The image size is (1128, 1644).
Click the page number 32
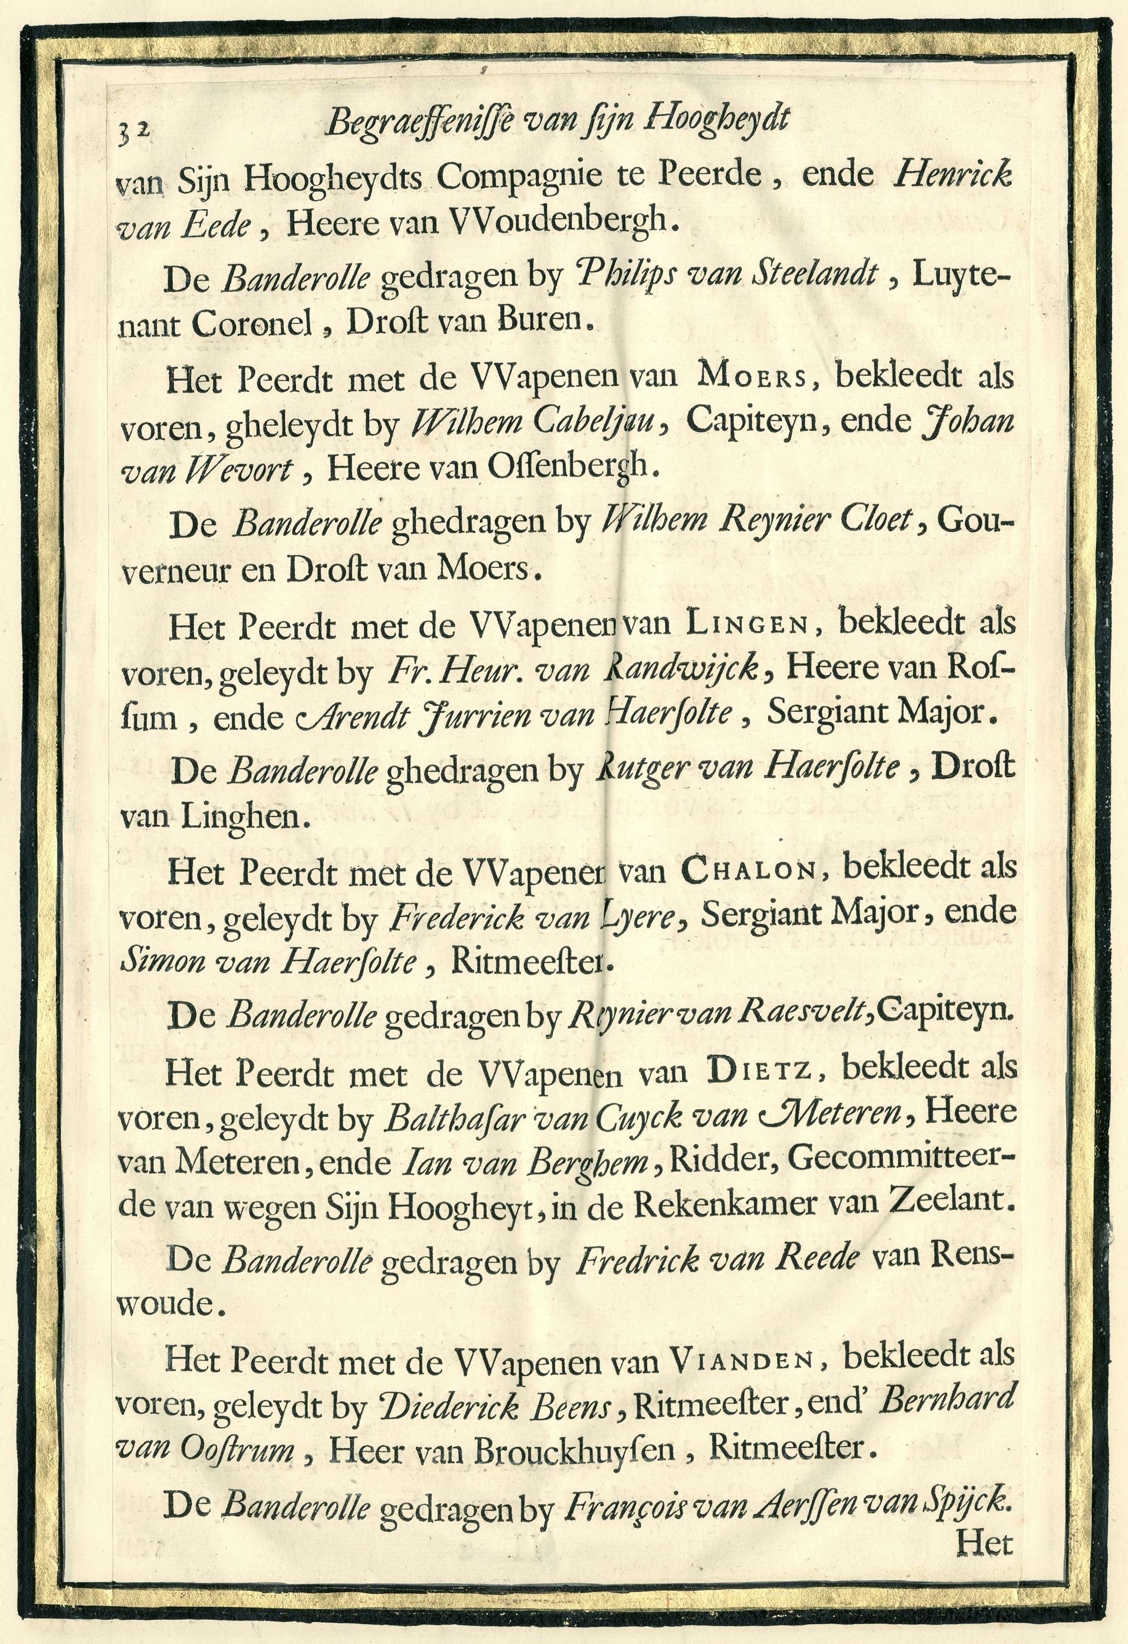pos(134,129)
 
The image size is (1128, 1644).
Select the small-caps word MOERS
pos(752,376)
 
